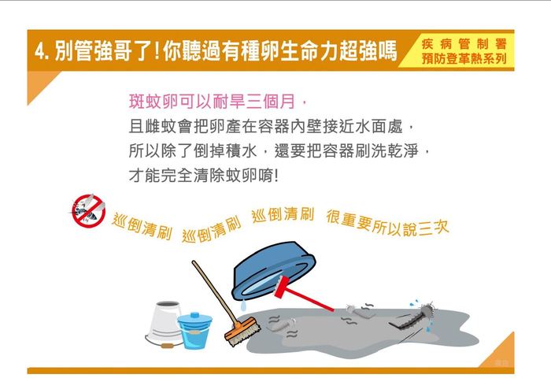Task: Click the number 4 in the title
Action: [40, 51]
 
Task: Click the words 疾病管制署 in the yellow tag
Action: [464, 44]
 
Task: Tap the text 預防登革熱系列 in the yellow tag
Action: [464, 58]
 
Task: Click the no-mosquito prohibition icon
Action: [88, 210]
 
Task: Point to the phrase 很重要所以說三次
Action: [387, 223]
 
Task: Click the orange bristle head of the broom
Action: [242, 331]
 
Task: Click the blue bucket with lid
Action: [194, 330]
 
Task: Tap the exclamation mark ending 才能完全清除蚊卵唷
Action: [276, 176]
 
